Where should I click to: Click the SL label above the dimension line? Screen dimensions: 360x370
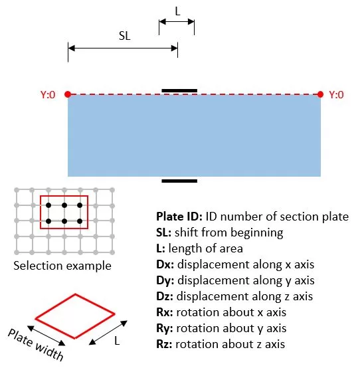click(x=125, y=36)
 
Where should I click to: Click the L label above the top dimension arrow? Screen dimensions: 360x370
click(x=177, y=11)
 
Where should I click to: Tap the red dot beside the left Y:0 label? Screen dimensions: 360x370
click(x=68, y=94)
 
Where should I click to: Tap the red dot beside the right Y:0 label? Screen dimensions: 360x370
click(x=320, y=94)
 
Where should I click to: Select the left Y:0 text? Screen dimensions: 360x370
click(x=48, y=94)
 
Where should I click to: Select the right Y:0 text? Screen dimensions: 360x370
click(x=336, y=94)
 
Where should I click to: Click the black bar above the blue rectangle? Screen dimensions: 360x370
click(x=179, y=90)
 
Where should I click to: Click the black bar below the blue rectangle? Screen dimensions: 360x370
click(x=179, y=181)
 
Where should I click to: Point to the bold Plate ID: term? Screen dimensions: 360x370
click(x=179, y=217)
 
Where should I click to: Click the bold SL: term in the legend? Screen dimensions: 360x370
click(x=163, y=232)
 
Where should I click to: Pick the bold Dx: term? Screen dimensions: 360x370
click(x=165, y=264)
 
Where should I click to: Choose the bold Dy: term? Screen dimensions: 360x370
click(x=165, y=280)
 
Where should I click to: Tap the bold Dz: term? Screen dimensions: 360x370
click(x=165, y=296)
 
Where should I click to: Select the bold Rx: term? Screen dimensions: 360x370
click(x=165, y=312)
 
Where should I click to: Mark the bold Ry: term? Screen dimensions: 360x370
click(x=165, y=328)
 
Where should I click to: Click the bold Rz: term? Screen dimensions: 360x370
click(x=164, y=344)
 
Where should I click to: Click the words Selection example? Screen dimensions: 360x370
click(x=62, y=266)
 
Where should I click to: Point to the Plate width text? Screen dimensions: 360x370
click(x=35, y=345)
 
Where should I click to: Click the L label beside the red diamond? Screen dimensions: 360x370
click(x=117, y=341)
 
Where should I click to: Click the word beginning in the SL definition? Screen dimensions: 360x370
click(x=256, y=233)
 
